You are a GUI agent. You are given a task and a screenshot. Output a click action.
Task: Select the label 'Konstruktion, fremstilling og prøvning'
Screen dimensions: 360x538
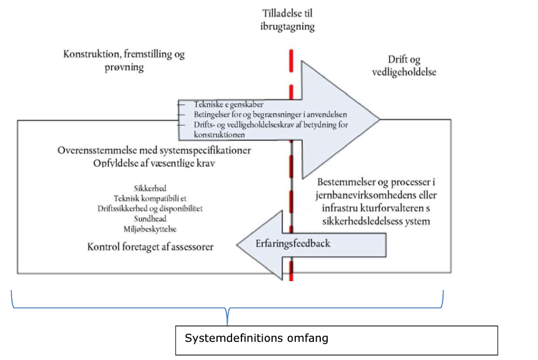coord(124,61)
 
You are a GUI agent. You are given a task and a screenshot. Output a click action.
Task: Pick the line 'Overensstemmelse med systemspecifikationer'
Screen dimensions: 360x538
coord(155,152)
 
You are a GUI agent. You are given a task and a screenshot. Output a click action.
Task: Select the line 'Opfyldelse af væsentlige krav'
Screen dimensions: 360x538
coord(155,163)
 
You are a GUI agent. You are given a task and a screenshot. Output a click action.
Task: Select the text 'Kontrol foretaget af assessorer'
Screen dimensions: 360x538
coord(151,247)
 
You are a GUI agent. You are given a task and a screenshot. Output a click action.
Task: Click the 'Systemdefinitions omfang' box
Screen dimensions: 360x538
coord(337,340)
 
